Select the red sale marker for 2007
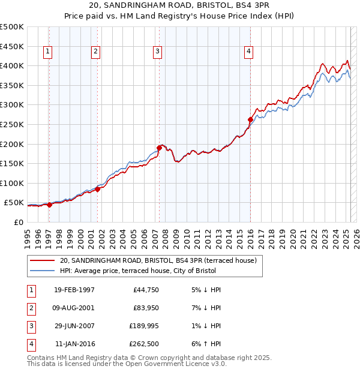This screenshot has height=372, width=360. click(x=159, y=148)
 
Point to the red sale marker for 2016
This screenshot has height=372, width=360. click(x=250, y=119)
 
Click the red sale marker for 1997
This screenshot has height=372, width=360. click(x=50, y=205)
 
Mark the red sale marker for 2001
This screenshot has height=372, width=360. click(x=97, y=189)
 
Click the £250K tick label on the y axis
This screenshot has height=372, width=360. click(x=12, y=124)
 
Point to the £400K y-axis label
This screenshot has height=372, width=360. click(x=12, y=65)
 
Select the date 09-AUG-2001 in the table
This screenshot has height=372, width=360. click(x=74, y=308)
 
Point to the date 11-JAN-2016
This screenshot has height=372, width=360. click(x=74, y=344)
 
